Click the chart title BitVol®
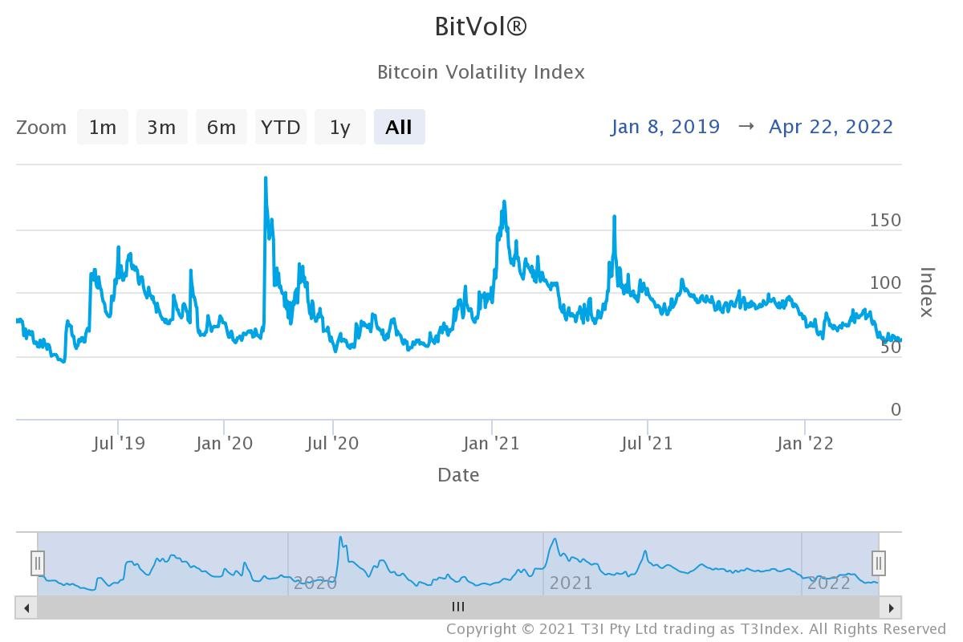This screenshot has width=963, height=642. (x=481, y=26)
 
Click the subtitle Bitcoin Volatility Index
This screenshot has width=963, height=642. (x=481, y=72)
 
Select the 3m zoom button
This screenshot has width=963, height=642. (x=161, y=128)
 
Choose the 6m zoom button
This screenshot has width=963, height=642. (x=221, y=128)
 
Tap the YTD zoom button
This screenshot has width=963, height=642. (x=281, y=128)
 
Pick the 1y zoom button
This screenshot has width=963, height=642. (x=340, y=128)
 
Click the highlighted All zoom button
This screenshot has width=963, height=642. (x=399, y=128)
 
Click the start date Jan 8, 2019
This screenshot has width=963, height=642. (x=665, y=127)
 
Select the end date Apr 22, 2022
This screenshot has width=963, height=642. (x=831, y=127)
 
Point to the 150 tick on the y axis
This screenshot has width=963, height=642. (x=885, y=221)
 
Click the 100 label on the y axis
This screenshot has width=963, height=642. (x=885, y=283)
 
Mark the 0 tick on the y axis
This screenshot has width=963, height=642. (x=896, y=410)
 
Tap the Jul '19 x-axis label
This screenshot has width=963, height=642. (x=119, y=443)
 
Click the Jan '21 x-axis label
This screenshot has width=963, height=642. (x=492, y=443)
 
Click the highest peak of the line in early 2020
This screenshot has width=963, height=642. (x=266, y=178)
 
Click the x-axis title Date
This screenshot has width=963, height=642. (x=458, y=475)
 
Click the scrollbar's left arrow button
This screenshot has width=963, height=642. (x=26, y=607)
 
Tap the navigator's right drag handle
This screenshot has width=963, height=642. (x=879, y=563)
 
